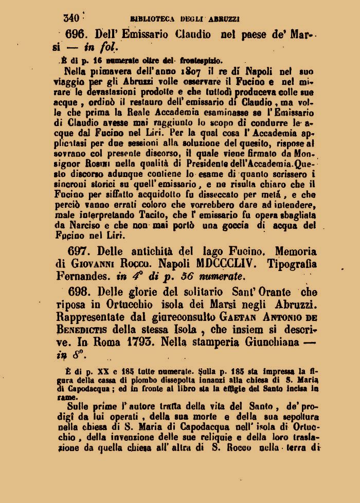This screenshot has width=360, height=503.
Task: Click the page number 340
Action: (x=70, y=18)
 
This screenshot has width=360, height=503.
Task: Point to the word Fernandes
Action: (x=84, y=276)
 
